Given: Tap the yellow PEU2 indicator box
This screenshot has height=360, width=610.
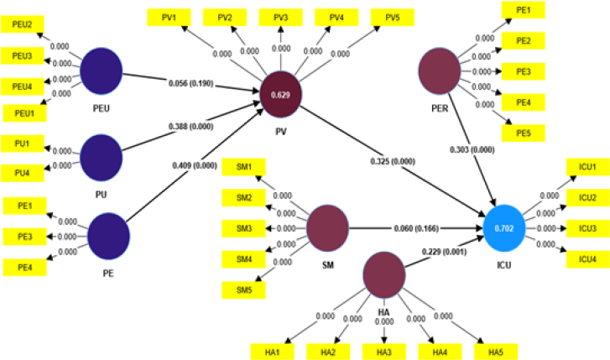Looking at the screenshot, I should [23, 24].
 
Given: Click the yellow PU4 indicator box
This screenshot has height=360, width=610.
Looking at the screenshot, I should [23, 173].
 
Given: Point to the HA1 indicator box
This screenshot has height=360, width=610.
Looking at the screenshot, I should [272, 349].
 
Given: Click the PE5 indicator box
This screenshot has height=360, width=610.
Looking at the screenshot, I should [524, 133].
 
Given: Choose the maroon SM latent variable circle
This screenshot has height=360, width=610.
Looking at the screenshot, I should [327, 228].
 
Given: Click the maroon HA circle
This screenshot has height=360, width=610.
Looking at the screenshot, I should [384, 278].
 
